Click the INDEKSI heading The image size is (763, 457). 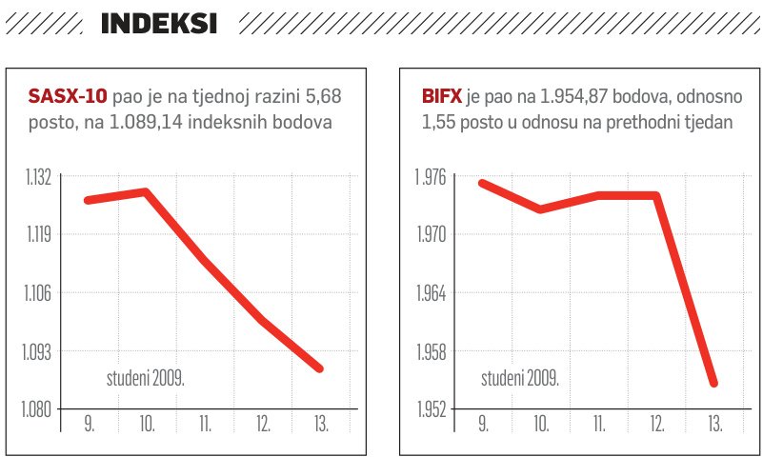pyautogui.click(x=159, y=24)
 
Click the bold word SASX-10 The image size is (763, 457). pyautogui.click(x=68, y=97)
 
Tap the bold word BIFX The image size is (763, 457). pyautogui.click(x=442, y=97)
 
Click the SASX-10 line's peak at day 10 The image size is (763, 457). pyautogui.click(x=146, y=191)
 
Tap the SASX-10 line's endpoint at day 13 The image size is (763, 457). pyautogui.click(x=320, y=368)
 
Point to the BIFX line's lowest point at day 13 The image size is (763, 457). pyautogui.click(x=713, y=383)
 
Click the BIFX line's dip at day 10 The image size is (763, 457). pyautogui.click(x=540, y=209)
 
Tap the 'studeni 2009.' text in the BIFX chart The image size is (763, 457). pyautogui.click(x=519, y=379)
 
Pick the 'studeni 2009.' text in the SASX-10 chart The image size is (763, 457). pyautogui.click(x=145, y=379)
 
